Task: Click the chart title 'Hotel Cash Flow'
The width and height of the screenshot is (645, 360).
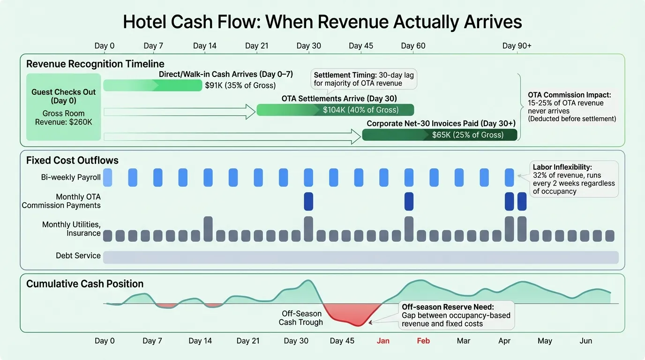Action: coord(322,22)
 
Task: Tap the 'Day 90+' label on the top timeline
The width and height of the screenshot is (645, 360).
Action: coord(517,45)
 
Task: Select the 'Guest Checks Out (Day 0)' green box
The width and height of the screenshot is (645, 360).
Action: coord(63,107)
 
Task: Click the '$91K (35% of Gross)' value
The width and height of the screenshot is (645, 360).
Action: coord(240,85)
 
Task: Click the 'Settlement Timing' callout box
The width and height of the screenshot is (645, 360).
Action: coord(364,79)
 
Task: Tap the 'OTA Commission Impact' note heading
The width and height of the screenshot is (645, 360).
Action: coord(569,95)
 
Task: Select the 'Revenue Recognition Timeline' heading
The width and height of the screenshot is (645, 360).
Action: coord(95,64)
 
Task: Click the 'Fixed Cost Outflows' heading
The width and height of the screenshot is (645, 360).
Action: coord(72,160)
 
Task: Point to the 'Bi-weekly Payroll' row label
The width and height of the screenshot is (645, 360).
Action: coord(71,178)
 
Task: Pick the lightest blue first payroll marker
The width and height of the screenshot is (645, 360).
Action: coord(107,178)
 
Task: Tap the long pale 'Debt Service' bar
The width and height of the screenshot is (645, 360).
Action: coord(360,257)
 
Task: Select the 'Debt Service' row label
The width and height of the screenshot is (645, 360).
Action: coord(78,256)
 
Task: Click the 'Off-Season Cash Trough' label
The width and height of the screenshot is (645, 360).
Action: coord(301,318)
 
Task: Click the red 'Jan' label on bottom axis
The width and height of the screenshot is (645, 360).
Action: coord(383,341)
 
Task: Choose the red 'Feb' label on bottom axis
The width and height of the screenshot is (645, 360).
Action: coord(423,341)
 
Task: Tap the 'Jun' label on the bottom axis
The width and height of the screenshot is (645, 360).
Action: coord(585,341)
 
